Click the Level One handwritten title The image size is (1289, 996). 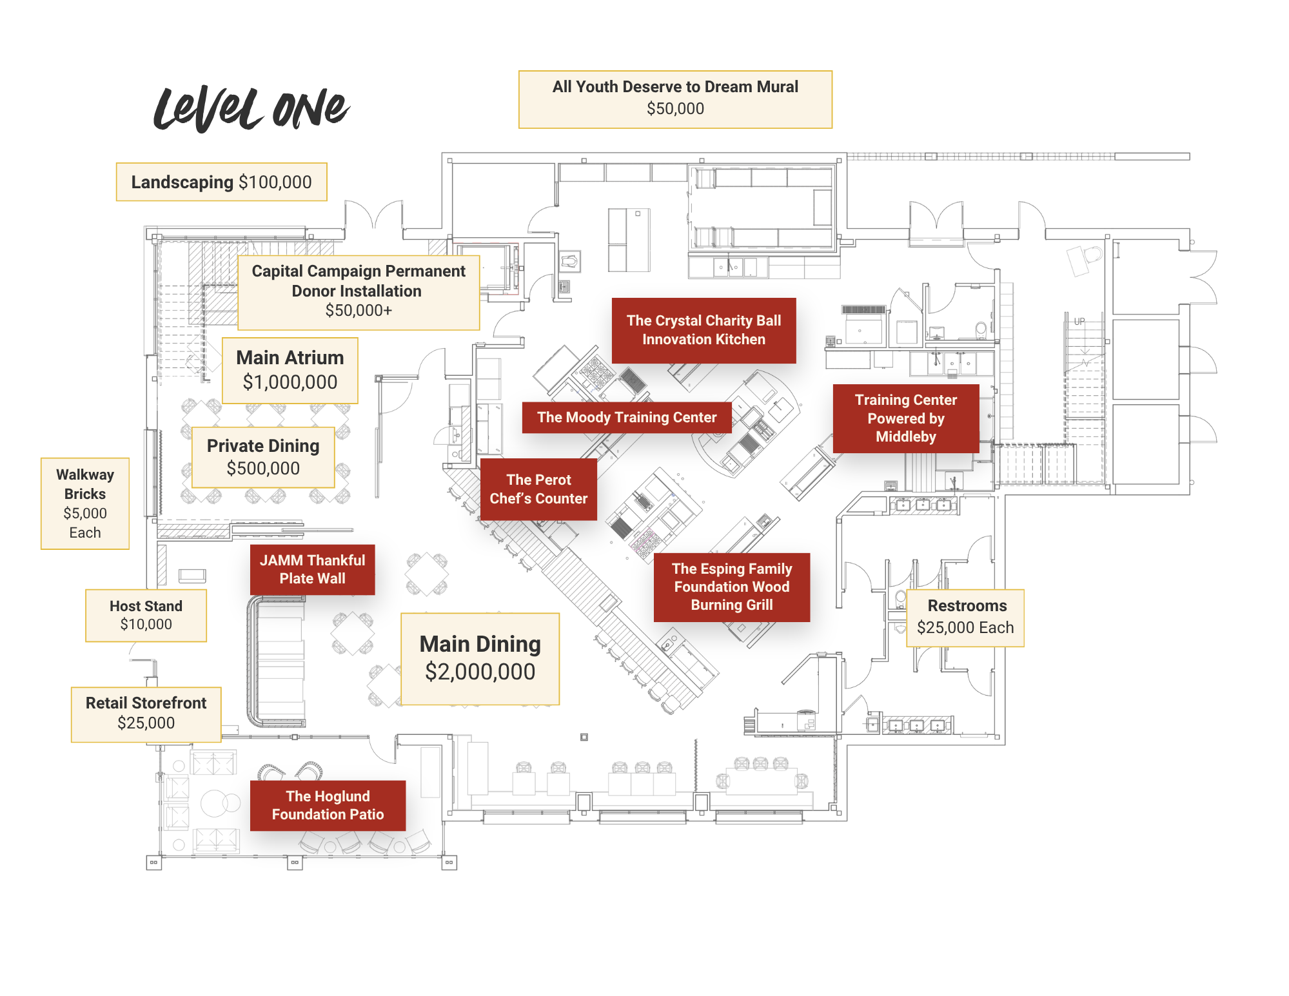[251, 108]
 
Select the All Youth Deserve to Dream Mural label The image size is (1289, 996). [675, 99]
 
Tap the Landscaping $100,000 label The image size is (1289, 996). [221, 182]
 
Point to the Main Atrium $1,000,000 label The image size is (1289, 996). [290, 371]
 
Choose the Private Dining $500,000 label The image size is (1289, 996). [263, 457]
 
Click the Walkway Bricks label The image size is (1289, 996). [85, 503]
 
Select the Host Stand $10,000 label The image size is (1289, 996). [146, 616]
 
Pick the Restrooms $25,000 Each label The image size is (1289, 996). [965, 618]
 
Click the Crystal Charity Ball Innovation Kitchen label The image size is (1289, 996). [704, 331]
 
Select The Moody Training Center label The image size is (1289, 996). [627, 418]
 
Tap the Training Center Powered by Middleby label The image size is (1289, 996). [905, 418]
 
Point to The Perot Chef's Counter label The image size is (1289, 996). [538, 489]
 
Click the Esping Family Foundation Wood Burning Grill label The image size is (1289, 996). [732, 587]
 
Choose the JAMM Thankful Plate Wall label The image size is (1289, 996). [312, 570]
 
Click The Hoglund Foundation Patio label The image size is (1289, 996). [328, 806]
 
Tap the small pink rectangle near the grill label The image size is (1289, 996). [642, 540]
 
